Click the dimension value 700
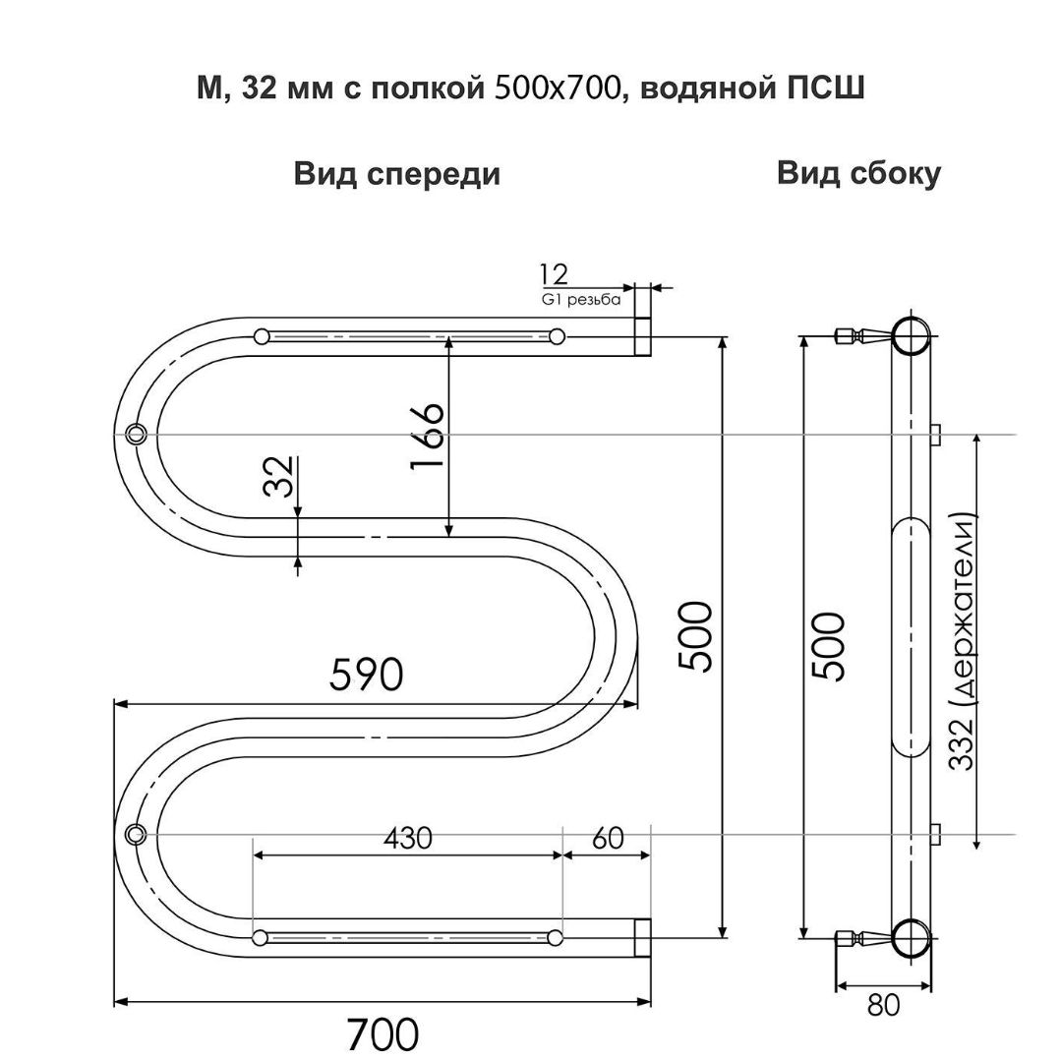382,1033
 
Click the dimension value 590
366,675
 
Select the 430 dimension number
407,838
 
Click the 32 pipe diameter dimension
280,477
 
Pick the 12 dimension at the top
553,275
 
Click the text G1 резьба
581,300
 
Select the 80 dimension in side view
884,1005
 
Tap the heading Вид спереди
396,174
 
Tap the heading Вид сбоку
858,173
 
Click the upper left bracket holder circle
135,433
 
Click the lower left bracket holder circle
135,834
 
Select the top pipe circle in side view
911,335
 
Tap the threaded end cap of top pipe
642,335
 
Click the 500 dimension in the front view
697,635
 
